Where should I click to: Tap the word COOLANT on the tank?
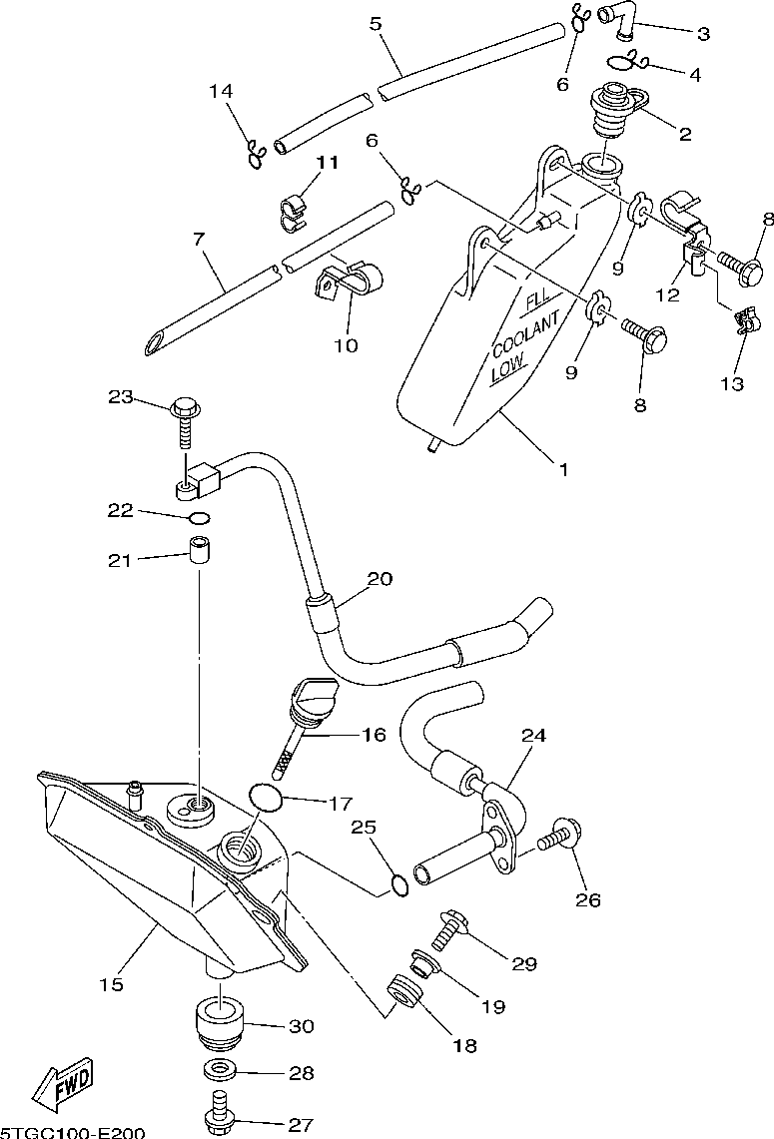point(526,333)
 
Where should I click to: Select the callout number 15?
point(111,985)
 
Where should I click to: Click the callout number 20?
point(380,579)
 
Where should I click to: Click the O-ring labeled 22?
point(199,519)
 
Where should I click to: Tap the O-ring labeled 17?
point(266,798)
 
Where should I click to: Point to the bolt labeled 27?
point(219,1114)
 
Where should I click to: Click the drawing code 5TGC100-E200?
point(72,1132)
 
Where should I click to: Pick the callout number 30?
point(301,1025)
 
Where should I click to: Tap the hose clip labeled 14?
point(256,153)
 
